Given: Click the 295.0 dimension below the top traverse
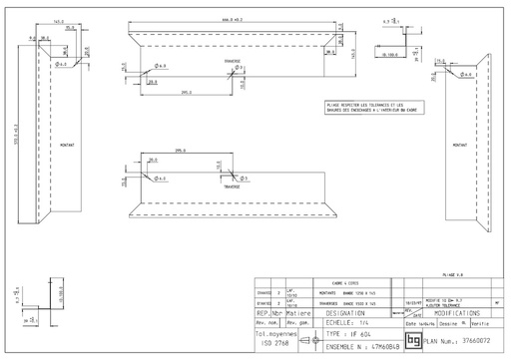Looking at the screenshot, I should click(187, 93).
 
